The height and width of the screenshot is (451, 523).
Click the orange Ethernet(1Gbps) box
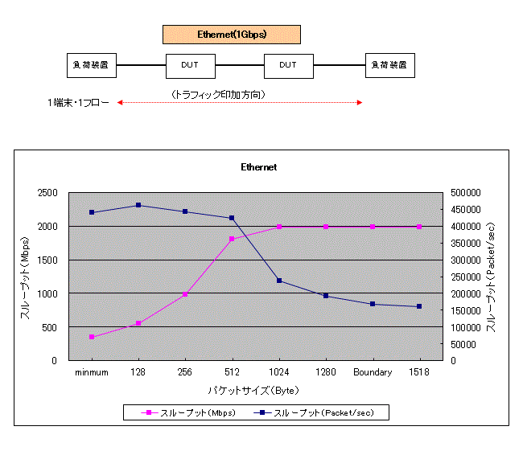coord(232,35)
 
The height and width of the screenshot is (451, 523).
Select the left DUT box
coord(191,65)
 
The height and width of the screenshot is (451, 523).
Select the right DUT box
coord(289,65)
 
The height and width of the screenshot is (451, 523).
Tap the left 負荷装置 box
coord(92,65)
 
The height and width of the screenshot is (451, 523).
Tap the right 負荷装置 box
coord(389,65)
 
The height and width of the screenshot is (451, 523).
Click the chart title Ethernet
coord(259,167)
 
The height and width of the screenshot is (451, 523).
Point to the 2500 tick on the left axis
coord(46,193)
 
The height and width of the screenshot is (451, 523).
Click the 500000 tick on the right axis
coord(465,193)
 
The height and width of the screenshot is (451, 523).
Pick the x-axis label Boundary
coord(373,372)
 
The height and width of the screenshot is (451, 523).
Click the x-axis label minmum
coord(92,372)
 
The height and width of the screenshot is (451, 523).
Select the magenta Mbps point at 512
coord(233,239)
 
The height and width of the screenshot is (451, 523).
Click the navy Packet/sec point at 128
coord(138,205)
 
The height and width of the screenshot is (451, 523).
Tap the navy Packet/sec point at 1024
coord(279,281)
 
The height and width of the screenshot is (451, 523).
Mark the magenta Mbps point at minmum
coord(92,337)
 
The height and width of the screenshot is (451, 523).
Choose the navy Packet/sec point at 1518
coord(419,306)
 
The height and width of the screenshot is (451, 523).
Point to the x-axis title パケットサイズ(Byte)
coord(253,390)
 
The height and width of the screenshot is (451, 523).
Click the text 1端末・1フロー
coord(78,103)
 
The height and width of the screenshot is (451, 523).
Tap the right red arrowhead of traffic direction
coord(360,103)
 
